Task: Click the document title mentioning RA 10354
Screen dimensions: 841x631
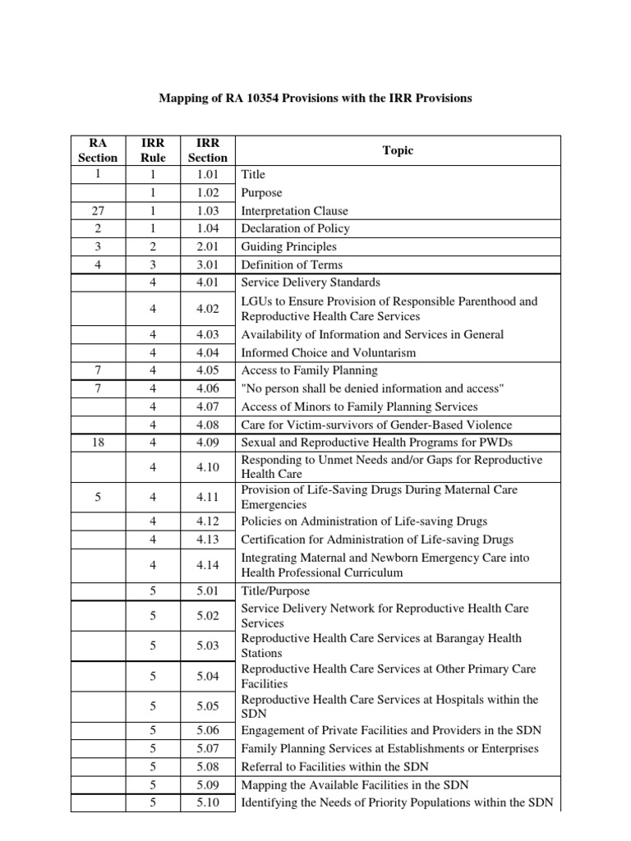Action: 315,98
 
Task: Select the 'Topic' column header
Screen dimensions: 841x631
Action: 398,150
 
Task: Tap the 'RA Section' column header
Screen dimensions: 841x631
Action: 98,149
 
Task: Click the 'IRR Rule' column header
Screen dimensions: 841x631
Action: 153,149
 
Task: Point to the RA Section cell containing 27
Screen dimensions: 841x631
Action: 98,211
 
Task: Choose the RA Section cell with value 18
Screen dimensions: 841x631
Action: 98,443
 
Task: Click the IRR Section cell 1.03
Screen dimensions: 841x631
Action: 208,211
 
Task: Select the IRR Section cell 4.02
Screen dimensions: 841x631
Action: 208,309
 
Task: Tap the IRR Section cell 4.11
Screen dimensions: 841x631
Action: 208,498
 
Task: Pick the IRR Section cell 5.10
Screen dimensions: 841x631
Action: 208,802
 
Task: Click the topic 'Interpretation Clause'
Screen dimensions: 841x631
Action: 294,211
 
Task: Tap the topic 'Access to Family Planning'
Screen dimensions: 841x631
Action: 309,370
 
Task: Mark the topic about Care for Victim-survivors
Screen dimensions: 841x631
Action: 376,425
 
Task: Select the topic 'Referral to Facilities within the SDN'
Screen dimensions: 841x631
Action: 334,766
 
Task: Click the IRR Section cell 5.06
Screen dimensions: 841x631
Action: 208,730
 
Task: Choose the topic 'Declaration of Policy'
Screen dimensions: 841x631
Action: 295,228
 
